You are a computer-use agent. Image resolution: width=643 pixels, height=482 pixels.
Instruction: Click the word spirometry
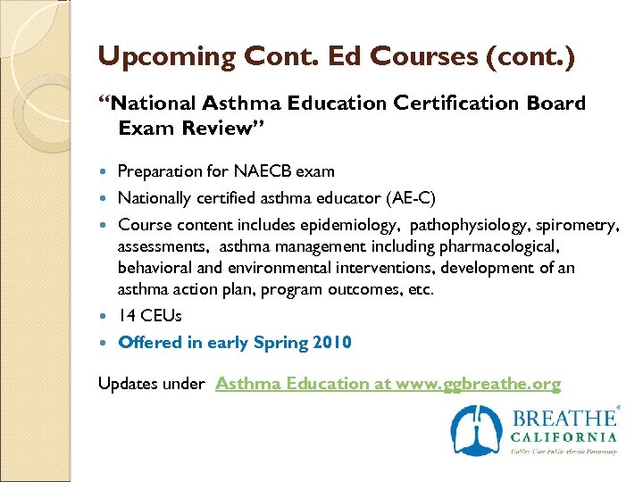(x=572, y=224)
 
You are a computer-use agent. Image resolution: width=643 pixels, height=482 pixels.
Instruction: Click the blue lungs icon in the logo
(x=477, y=430)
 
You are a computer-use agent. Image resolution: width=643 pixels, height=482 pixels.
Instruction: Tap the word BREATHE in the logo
(x=563, y=418)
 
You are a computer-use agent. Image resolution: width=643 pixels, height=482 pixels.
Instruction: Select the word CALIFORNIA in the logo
(x=564, y=437)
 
